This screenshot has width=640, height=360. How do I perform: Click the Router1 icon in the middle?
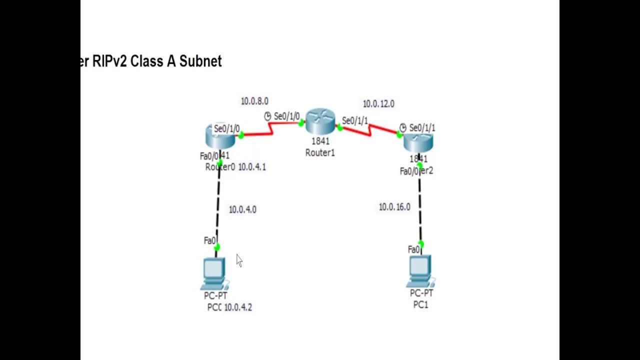coord(319,121)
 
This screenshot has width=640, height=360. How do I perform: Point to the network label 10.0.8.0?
coord(254,101)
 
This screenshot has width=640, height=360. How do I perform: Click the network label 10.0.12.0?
coord(378,104)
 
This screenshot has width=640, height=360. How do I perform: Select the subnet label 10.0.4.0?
coord(242,209)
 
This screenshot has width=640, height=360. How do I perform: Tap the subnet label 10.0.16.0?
coord(394,207)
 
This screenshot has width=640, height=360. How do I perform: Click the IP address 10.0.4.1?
coord(252,167)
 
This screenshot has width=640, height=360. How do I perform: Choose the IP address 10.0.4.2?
coord(238,307)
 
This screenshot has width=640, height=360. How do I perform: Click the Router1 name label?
coord(320,153)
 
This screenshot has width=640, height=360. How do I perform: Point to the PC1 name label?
coord(420,304)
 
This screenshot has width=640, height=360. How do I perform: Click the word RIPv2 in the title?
coord(110,61)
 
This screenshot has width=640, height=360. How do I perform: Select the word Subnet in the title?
coord(200,61)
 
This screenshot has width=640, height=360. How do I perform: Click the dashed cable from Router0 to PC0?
coord(217,205)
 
